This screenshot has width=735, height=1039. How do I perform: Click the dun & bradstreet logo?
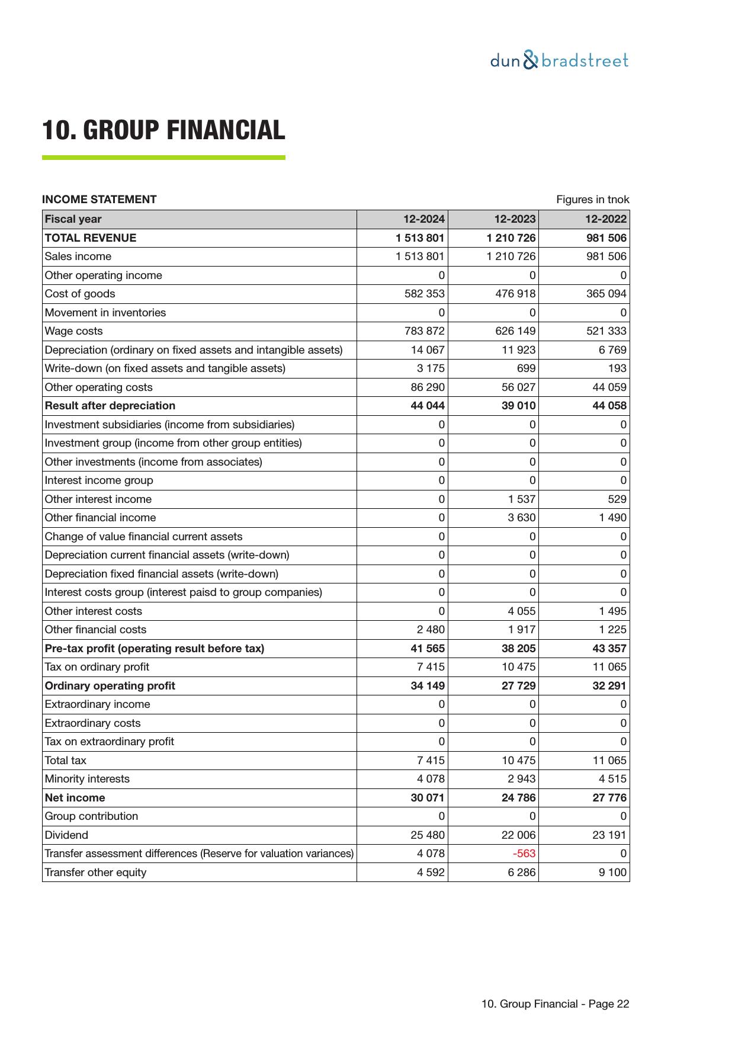(x=559, y=60)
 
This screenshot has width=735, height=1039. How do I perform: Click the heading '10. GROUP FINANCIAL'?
(x=163, y=130)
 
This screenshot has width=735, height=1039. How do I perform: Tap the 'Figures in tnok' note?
(x=592, y=200)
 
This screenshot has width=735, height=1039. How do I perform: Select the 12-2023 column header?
(x=515, y=219)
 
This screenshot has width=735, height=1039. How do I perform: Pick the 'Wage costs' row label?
(x=73, y=331)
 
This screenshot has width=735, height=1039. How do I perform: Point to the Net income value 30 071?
(x=427, y=798)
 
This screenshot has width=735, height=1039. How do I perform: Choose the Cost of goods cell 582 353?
(x=424, y=294)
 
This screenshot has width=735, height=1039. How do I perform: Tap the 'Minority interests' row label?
(x=87, y=779)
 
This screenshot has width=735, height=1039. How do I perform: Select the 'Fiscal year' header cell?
(x=73, y=219)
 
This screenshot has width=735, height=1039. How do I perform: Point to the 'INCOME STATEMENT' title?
(x=99, y=200)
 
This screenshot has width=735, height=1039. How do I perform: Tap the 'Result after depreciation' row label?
(x=110, y=406)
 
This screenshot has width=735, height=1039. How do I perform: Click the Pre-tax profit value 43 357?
(x=609, y=649)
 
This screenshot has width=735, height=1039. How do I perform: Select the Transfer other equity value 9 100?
(x=612, y=873)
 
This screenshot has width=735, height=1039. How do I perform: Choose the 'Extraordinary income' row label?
(x=97, y=704)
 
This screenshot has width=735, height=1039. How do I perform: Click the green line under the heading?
(x=163, y=158)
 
